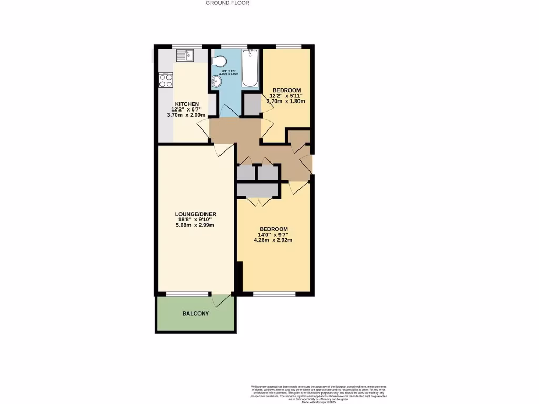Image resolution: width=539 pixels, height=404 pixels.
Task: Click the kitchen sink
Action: [185, 55]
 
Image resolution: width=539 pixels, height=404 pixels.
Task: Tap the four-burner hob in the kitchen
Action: [166, 80]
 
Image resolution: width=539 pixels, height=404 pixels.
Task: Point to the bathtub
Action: [249, 68]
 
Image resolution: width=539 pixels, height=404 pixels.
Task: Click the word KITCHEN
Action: [187, 104]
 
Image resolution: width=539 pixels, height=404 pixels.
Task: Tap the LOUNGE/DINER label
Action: [195, 214]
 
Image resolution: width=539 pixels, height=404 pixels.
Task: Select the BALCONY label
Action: [195, 314]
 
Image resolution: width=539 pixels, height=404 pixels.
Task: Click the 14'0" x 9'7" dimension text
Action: [273, 235]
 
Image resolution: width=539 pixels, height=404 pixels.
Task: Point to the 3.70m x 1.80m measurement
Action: [287, 101]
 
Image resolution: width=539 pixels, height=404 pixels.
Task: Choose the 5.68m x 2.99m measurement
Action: [195, 225]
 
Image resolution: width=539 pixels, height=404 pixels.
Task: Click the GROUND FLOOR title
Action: [227, 3]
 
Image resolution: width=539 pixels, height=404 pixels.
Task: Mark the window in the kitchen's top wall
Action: [187, 46]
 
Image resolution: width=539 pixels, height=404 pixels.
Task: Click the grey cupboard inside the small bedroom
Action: [252, 105]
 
